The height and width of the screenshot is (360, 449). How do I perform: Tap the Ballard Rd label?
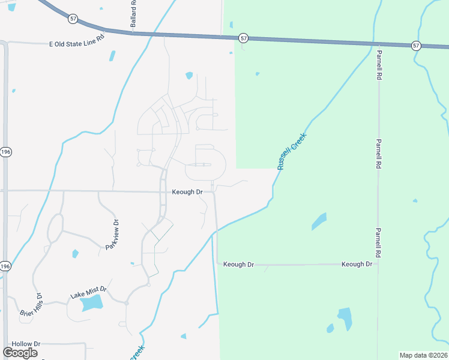click(133, 13)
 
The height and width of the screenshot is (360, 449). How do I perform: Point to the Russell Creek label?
click(292, 151)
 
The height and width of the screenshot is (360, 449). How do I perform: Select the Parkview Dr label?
click(113, 235)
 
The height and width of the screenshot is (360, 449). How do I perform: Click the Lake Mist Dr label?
click(88, 293)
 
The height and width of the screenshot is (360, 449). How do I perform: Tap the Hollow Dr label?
click(26, 344)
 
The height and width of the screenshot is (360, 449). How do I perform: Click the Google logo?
click(20, 353)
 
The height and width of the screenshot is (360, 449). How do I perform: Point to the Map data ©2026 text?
click(424, 355)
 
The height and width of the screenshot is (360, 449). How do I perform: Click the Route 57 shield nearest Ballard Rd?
click(73, 19)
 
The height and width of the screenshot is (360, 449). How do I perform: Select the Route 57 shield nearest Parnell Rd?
click(416, 46)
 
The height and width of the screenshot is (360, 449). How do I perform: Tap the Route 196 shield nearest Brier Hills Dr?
click(5, 266)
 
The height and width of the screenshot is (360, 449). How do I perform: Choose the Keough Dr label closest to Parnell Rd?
click(357, 264)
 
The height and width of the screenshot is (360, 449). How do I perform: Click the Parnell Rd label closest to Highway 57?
click(379, 65)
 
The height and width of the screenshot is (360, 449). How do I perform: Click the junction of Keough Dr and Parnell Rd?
click(378, 265)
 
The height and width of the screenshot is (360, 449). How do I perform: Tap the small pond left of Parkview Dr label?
click(75, 253)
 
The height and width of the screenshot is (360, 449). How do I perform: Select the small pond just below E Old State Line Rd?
click(112, 56)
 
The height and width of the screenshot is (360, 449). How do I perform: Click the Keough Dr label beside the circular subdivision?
click(187, 192)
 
